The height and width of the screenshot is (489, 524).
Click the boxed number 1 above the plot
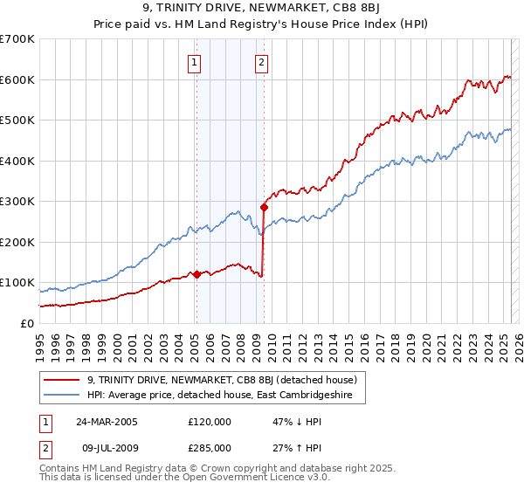193,61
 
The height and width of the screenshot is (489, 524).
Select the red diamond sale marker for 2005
196,274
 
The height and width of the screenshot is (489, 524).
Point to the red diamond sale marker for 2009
263,208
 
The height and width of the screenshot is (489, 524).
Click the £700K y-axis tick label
17,39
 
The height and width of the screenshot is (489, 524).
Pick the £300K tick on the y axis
17,201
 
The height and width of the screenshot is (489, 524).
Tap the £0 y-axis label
26,323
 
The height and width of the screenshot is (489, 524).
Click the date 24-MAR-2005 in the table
107,421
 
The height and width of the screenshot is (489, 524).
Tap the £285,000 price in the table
210,447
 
